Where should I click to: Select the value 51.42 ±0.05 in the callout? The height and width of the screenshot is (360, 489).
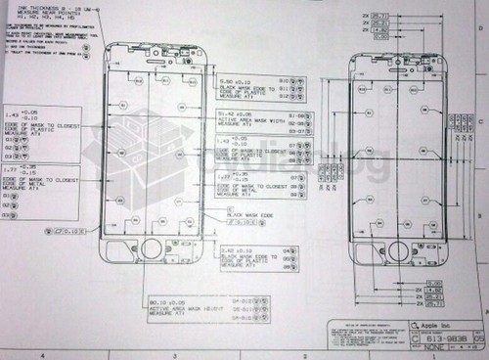[235, 113]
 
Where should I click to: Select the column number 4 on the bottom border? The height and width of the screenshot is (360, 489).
[45, 355]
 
